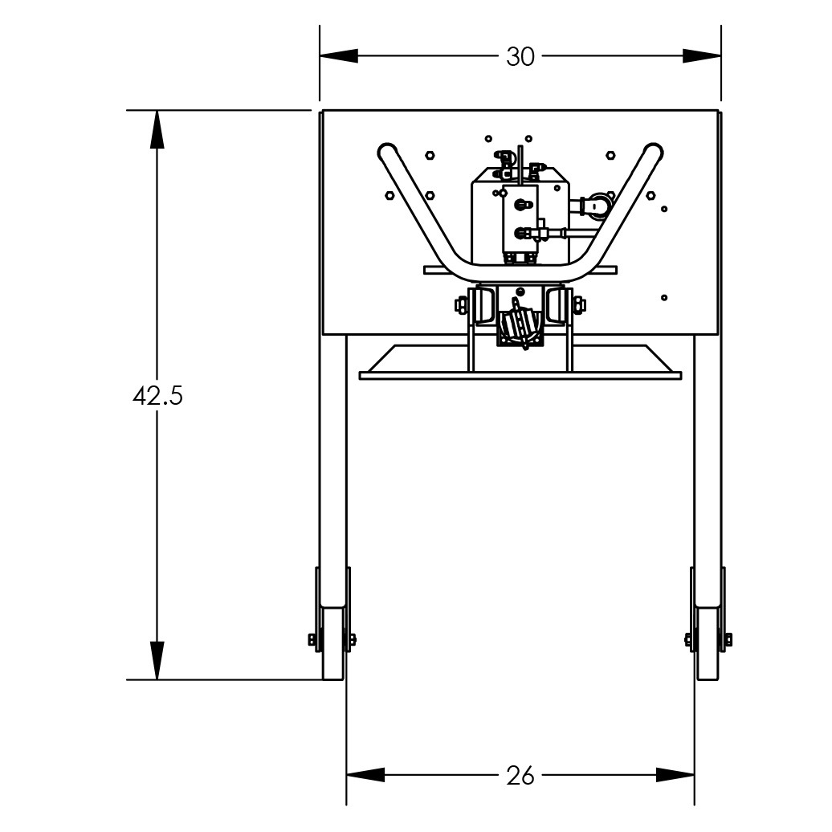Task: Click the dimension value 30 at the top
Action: point(520,57)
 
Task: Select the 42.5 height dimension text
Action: point(157,396)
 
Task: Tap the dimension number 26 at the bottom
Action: point(520,776)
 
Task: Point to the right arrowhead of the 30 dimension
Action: point(701,56)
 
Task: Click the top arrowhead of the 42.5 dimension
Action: point(157,129)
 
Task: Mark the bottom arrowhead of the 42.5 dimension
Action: point(157,660)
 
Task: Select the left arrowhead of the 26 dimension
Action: point(365,775)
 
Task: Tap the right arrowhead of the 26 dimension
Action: point(675,775)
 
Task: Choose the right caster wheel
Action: point(708,642)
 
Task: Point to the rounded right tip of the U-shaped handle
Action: point(653,151)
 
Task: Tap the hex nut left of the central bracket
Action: point(461,305)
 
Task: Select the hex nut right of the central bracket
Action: point(579,304)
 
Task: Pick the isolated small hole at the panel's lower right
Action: point(664,298)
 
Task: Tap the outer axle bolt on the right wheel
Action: point(728,639)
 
